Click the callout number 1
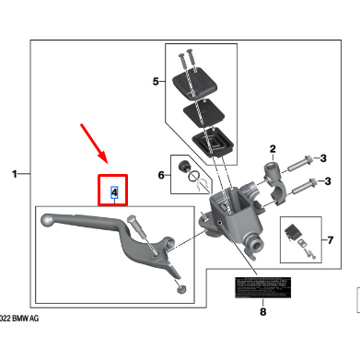tap(14, 173)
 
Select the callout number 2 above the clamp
tap(273, 148)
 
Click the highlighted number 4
tap(113, 192)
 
